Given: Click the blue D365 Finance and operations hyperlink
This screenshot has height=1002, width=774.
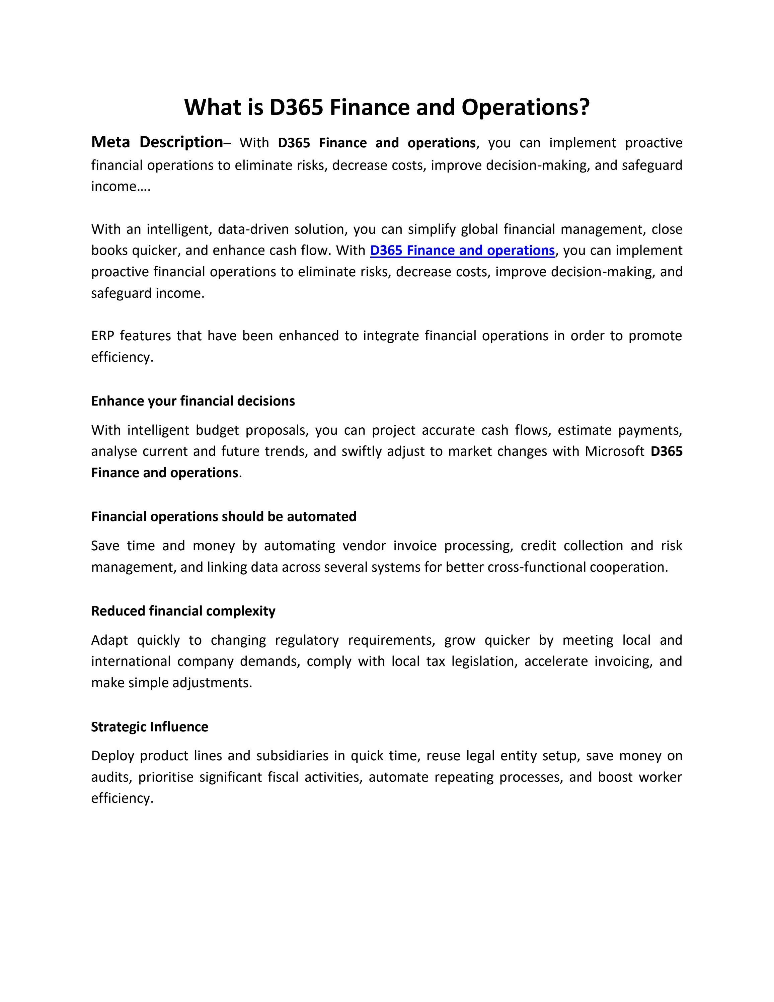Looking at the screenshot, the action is (x=462, y=250).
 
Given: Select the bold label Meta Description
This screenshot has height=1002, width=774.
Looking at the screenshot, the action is (x=157, y=142).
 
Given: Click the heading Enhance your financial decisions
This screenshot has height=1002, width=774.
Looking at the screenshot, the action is (x=192, y=401).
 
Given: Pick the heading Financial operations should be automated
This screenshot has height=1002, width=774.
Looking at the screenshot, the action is (x=223, y=517).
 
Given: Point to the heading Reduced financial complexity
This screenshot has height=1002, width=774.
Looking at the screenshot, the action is (x=183, y=611).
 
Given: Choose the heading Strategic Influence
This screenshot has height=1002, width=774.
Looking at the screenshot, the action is (x=150, y=727).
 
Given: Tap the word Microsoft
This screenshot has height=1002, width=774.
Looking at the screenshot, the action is (x=614, y=451).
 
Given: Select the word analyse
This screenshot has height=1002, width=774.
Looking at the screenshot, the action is (x=114, y=451).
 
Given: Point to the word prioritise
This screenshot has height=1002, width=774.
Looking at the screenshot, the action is (x=165, y=777).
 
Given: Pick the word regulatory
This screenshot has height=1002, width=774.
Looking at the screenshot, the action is (x=306, y=640).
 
